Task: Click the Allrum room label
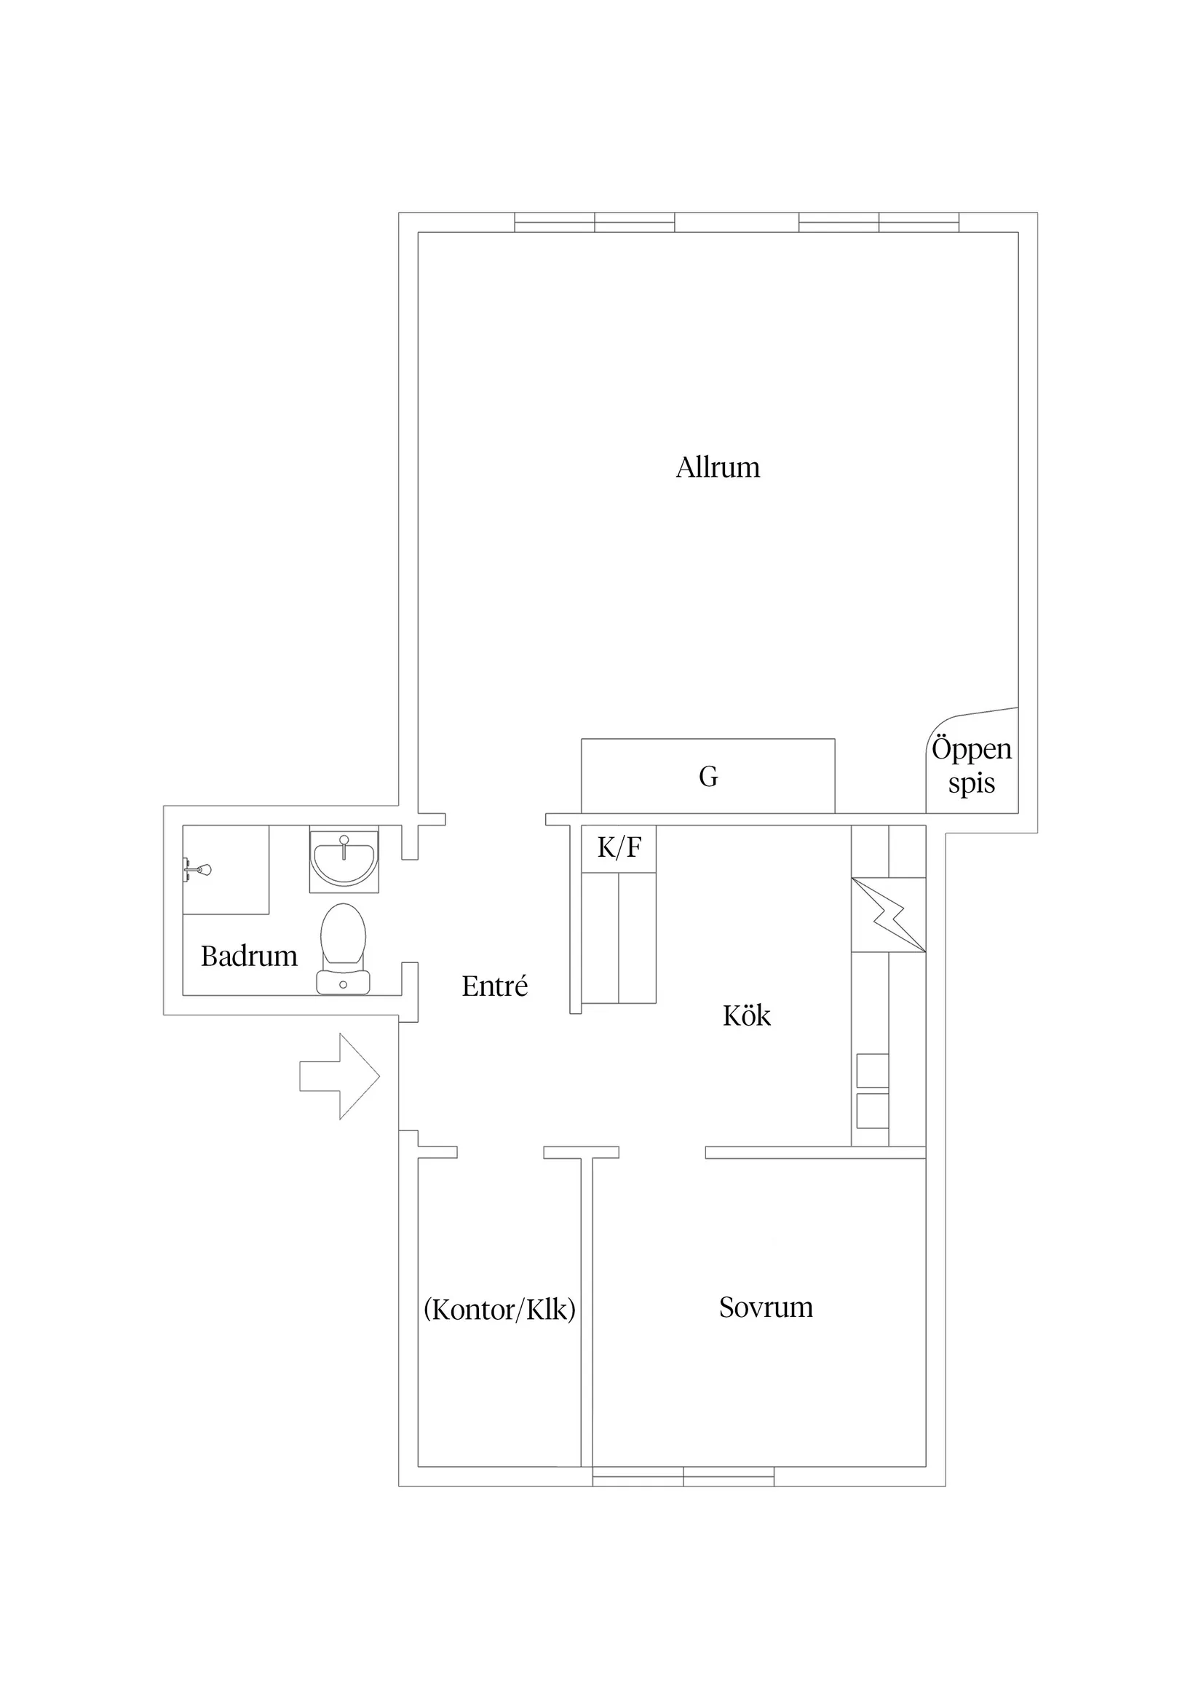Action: tap(717, 467)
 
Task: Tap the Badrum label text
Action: tap(249, 956)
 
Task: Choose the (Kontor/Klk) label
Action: tap(499, 1310)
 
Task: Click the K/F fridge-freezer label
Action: tap(619, 847)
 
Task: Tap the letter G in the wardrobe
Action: tap(708, 776)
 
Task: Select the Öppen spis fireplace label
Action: tap(972, 765)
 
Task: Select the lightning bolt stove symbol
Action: tap(888, 914)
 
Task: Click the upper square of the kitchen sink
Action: tap(873, 1071)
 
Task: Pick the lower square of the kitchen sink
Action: tap(873, 1111)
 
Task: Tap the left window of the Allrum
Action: tap(594, 222)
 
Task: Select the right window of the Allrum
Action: tap(879, 222)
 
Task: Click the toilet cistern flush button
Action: tap(343, 985)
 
